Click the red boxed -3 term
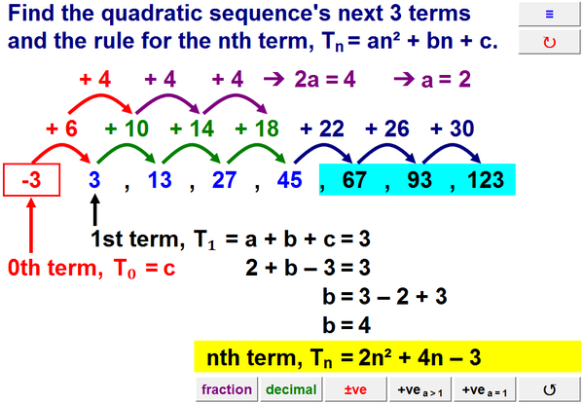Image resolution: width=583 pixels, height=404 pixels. point(32,180)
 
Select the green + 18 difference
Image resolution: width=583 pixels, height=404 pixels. point(258,128)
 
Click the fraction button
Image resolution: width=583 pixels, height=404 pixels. point(227,389)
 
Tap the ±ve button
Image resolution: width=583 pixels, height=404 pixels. point(354,389)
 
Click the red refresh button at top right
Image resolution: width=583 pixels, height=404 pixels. point(549,43)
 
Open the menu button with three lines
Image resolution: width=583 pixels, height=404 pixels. point(549,15)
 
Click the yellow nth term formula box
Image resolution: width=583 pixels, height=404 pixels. point(386,357)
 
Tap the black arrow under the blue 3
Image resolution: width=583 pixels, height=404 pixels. point(94,207)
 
